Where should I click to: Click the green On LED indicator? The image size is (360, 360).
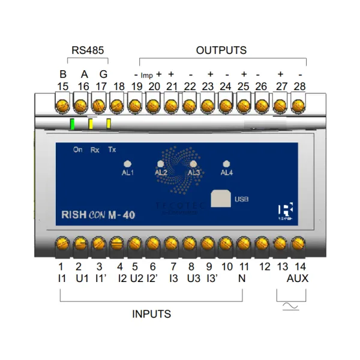[x=72, y=125]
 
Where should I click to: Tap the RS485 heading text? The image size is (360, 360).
[x=88, y=50]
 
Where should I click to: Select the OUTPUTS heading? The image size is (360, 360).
[x=221, y=50]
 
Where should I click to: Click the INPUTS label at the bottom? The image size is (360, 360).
[x=151, y=314]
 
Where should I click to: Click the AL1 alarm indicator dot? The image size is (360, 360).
[x=127, y=163]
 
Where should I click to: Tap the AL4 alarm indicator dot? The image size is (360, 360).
[x=226, y=163]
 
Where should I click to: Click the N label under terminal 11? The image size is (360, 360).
[x=242, y=279]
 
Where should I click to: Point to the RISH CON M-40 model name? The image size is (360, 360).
[x=97, y=215]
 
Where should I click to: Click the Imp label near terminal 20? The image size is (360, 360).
[x=146, y=76]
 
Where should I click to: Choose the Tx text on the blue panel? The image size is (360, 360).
[x=112, y=149]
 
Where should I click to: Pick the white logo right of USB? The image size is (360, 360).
[x=286, y=211]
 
